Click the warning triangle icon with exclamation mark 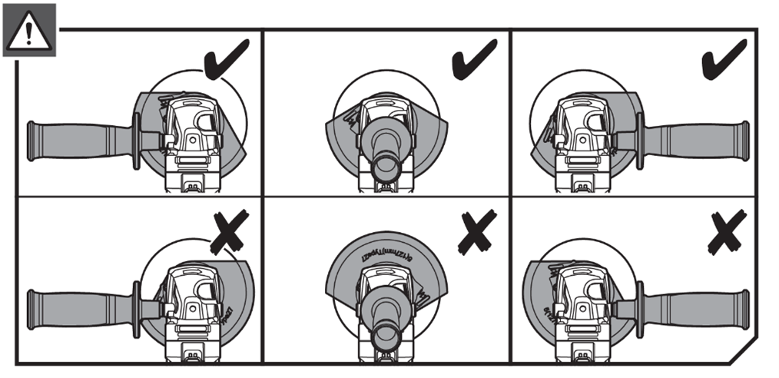pyautogui.click(x=29, y=30)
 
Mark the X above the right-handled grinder pyautogui.click(x=727, y=234)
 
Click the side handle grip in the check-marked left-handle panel pyautogui.click(x=77, y=141)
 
